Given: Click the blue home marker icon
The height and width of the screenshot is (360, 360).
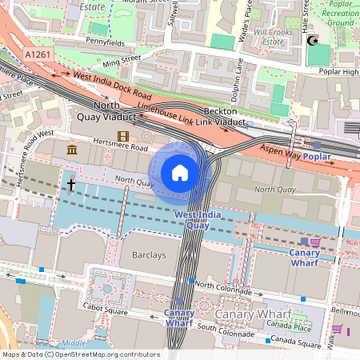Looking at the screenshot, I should point(180,172).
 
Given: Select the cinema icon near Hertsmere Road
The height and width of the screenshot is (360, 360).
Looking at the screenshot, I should point(122,137).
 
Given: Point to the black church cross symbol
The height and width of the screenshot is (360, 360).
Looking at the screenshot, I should point(71,186).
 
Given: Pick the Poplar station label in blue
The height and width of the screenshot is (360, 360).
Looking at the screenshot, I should point(317,158).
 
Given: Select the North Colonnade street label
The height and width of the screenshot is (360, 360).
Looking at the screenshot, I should point(225,286).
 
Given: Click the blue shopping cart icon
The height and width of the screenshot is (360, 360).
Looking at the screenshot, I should point(304,241).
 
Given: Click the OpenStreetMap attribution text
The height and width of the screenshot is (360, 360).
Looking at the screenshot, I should point(80,354).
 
